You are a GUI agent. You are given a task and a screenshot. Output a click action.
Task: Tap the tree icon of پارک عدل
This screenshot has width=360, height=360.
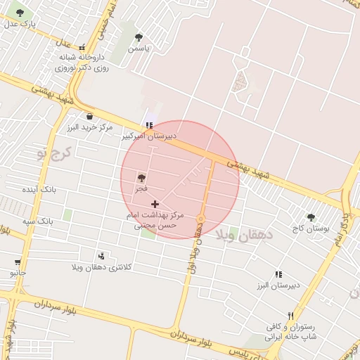click(x=19, y=13)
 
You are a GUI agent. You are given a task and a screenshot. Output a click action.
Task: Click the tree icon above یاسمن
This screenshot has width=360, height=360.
click(x=139, y=37)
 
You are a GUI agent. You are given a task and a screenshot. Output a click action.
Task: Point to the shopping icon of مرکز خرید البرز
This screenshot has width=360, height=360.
click(x=89, y=116)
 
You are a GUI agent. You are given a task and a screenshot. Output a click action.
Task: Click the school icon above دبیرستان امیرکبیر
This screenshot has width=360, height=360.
click(x=148, y=124)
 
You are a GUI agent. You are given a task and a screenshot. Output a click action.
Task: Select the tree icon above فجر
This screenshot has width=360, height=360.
click(x=141, y=179)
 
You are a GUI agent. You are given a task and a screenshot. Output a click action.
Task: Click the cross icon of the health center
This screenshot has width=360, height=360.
click(x=155, y=204)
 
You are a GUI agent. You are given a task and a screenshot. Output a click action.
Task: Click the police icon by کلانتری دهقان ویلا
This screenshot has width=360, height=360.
click(x=101, y=255)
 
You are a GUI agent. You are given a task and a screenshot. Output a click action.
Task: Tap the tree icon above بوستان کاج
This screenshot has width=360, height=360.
click(x=311, y=218)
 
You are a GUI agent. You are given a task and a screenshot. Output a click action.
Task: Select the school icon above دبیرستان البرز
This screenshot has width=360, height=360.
click(x=278, y=274)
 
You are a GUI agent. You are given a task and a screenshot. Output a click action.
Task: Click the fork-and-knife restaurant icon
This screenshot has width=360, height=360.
click(x=290, y=316)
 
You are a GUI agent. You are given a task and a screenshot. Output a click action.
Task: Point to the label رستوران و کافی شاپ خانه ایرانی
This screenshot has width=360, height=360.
click(x=290, y=332)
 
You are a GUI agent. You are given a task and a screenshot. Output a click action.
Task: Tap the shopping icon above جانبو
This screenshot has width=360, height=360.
click(x=16, y=262)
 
